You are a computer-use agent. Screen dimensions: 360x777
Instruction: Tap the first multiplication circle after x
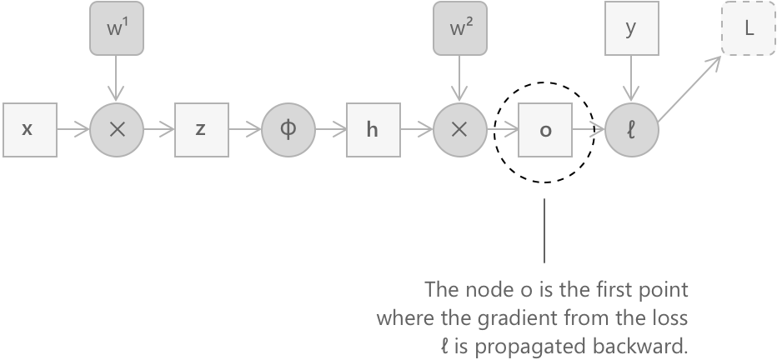tap(116, 130)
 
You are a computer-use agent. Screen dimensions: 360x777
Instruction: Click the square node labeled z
tap(201, 130)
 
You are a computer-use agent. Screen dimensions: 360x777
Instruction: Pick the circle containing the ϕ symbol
tap(288, 130)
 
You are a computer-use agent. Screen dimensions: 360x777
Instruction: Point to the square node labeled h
tap(373, 130)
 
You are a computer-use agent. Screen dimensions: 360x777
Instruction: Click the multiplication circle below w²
tap(459, 130)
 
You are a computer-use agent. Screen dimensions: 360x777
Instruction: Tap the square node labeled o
tap(544, 130)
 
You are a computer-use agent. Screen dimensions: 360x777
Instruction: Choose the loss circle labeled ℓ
tap(631, 130)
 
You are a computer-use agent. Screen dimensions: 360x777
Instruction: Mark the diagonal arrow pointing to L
tap(691, 90)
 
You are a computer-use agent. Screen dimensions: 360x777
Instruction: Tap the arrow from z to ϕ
tap(244, 130)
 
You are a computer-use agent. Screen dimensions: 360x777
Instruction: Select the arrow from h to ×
tap(416, 130)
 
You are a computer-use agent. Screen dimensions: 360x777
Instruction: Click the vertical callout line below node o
tap(544, 230)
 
